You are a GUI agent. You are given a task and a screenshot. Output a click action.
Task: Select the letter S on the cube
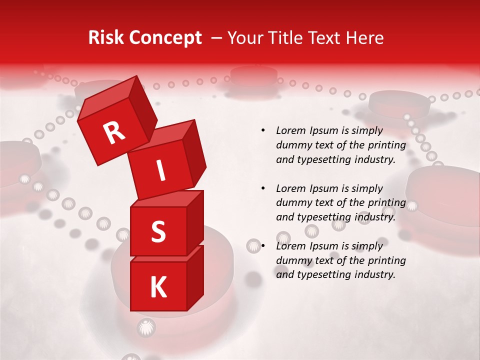[x=158, y=232]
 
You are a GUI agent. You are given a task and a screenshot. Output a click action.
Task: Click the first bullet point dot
[x=262, y=130]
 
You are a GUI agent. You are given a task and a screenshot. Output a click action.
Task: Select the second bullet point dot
[x=262, y=188]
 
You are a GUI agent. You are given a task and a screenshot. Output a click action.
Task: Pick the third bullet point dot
[x=262, y=246]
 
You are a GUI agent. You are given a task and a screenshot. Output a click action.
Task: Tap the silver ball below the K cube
[x=146, y=327]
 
